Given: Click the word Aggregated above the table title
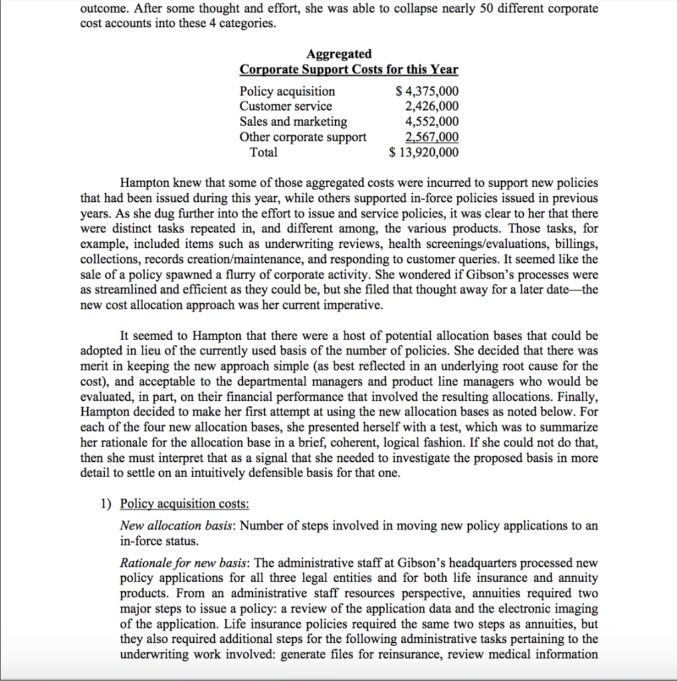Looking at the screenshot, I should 339,54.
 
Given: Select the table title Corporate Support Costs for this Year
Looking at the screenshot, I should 349,70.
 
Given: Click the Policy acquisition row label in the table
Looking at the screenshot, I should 287,91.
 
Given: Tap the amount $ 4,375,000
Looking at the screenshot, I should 427,91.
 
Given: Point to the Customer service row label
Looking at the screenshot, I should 286,106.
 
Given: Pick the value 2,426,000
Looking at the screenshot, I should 431,106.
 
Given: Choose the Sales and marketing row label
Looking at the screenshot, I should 293,122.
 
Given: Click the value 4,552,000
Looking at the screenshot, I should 431,122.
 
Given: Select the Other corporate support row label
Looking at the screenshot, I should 302,137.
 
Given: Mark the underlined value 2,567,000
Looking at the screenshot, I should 431,137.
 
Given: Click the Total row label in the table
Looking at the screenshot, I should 264,152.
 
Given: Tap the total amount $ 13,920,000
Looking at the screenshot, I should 423,152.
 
